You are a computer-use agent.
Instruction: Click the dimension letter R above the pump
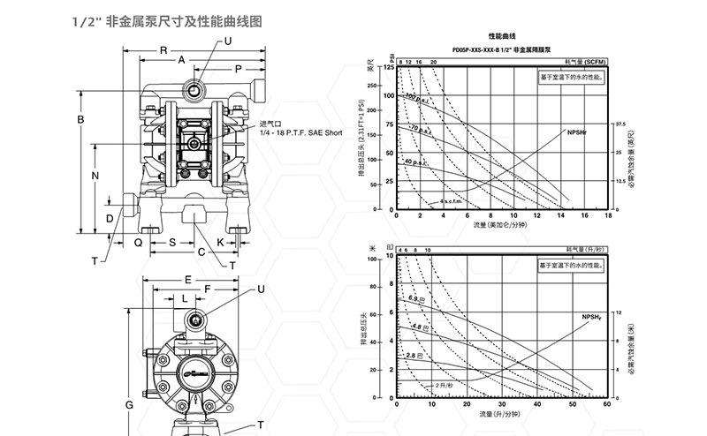coord(163,50)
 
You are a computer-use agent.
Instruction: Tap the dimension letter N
coord(95,175)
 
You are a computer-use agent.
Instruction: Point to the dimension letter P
coord(239,68)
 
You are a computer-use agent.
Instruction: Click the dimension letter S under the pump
coord(171,240)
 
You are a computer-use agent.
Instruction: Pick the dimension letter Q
coord(138,240)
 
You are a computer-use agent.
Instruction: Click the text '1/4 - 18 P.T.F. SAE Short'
coord(300,132)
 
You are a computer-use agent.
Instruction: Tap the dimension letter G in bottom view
coord(128,404)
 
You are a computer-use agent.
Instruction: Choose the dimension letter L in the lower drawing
coord(183,298)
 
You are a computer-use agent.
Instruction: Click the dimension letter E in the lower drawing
coord(188,278)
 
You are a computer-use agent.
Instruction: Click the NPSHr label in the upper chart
coord(579,130)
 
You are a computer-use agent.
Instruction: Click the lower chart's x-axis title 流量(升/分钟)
coord(501,414)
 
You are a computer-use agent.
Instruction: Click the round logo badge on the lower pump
coord(200,374)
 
